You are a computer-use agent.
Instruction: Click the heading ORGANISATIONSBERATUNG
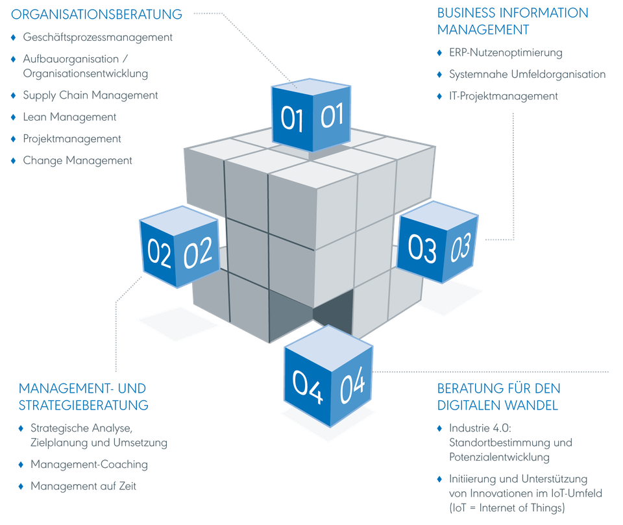click(97, 14)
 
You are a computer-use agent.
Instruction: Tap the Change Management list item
click(77, 160)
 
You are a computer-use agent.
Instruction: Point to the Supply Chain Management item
click(90, 95)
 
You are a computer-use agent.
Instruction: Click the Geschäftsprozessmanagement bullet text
click(98, 38)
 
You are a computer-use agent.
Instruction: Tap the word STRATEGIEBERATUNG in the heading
click(84, 404)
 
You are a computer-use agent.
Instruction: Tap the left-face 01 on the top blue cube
click(292, 119)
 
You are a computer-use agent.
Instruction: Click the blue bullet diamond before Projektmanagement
click(14, 138)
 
